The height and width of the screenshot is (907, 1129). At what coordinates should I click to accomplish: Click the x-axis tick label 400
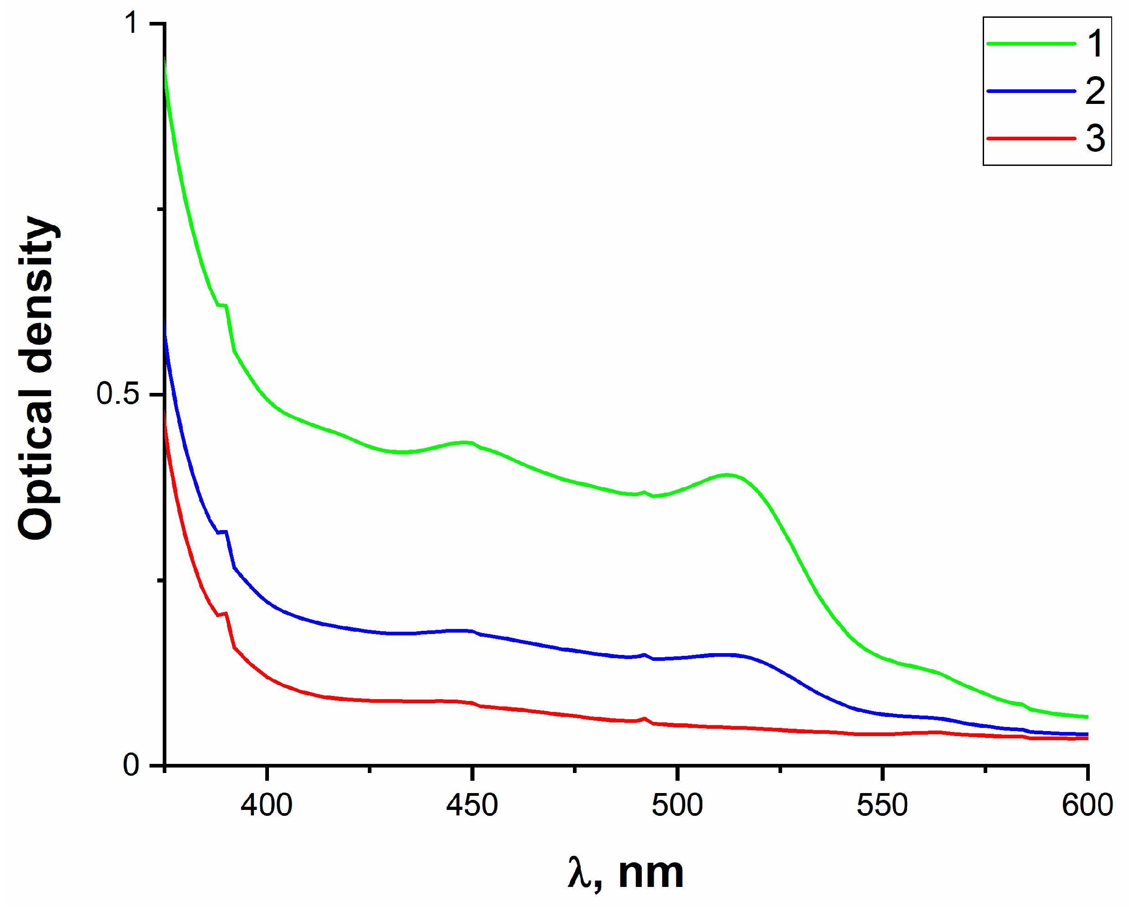point(266,806)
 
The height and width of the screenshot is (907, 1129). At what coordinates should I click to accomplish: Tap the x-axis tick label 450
point(471,806)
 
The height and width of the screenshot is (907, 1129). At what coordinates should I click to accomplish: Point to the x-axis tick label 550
point(882,806)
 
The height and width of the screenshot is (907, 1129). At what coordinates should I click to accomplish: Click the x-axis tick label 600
point(1087,806)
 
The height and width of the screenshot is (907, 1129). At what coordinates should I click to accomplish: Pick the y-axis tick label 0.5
point(118,394)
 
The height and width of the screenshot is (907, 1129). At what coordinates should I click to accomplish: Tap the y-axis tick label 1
point(132,23)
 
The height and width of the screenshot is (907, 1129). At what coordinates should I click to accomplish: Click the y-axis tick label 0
point(131,766)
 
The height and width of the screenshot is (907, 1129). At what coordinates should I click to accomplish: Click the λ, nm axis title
point(626,873)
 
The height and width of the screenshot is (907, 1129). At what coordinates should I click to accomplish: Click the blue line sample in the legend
point(1031,91)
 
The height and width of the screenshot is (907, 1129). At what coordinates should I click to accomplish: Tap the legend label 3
point(1095,139)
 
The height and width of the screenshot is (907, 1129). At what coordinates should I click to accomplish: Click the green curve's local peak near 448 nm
point(466,443)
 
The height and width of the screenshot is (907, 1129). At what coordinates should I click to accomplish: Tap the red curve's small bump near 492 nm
point(644,718)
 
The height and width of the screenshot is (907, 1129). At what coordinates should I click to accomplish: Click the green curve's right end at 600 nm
point(1087,717)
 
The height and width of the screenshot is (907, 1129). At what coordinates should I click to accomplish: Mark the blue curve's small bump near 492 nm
point(644,655)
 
